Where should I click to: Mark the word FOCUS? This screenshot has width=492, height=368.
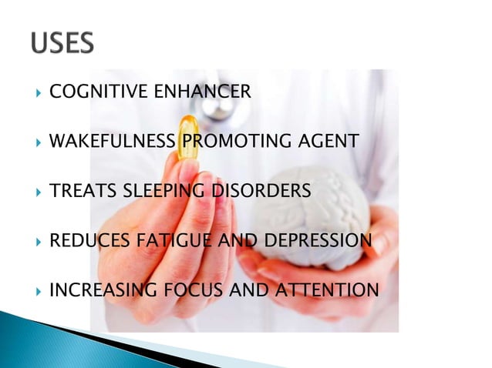[x=194, y=290]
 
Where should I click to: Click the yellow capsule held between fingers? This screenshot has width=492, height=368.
[x=187, y=138]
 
